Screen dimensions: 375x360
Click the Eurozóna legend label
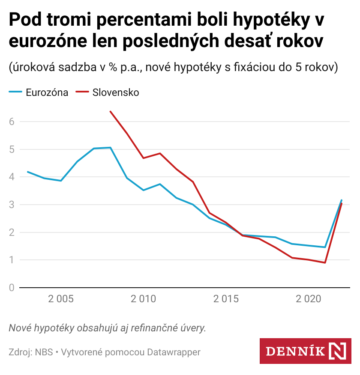[x=47, y=92]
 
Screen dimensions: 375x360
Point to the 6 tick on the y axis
[x=12, y=122]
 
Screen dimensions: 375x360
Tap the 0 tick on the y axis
[x=12, y=288]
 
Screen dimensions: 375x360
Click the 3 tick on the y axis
[x=12, y=205]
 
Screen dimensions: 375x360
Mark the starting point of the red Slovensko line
[x=111, y=111]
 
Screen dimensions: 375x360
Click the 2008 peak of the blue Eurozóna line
[x=111, y=148]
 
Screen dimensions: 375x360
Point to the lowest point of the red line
[x=325, y=263]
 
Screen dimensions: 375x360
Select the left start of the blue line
[x=28, y=172]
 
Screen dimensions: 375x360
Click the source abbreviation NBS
[x=44, y=352]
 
